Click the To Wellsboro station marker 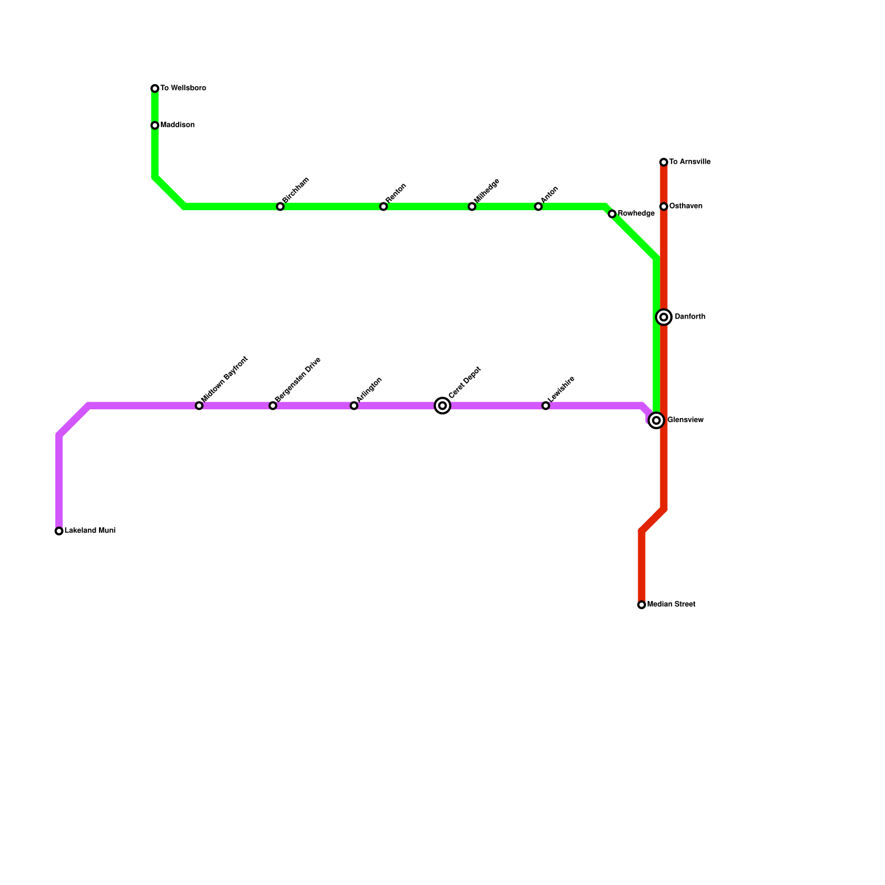coord(155,88)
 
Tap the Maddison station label coord(178,125)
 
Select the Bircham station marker coord(280,207)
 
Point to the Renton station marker coord(383,207)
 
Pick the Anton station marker coord(538,207)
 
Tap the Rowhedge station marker coord(612,214)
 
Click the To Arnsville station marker coord(664,162)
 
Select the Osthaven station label coord(686,206)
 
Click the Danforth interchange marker coord(664,317)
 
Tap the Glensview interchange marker coord(657,420)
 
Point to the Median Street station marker coord(642,605)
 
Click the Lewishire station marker coord(546,406)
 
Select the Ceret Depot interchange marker coord(442,406)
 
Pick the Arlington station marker coord(354,406)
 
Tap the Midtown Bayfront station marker coord(199,406)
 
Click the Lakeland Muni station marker coord(59,531)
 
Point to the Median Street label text coord(671,605)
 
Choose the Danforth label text coord(690,317)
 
